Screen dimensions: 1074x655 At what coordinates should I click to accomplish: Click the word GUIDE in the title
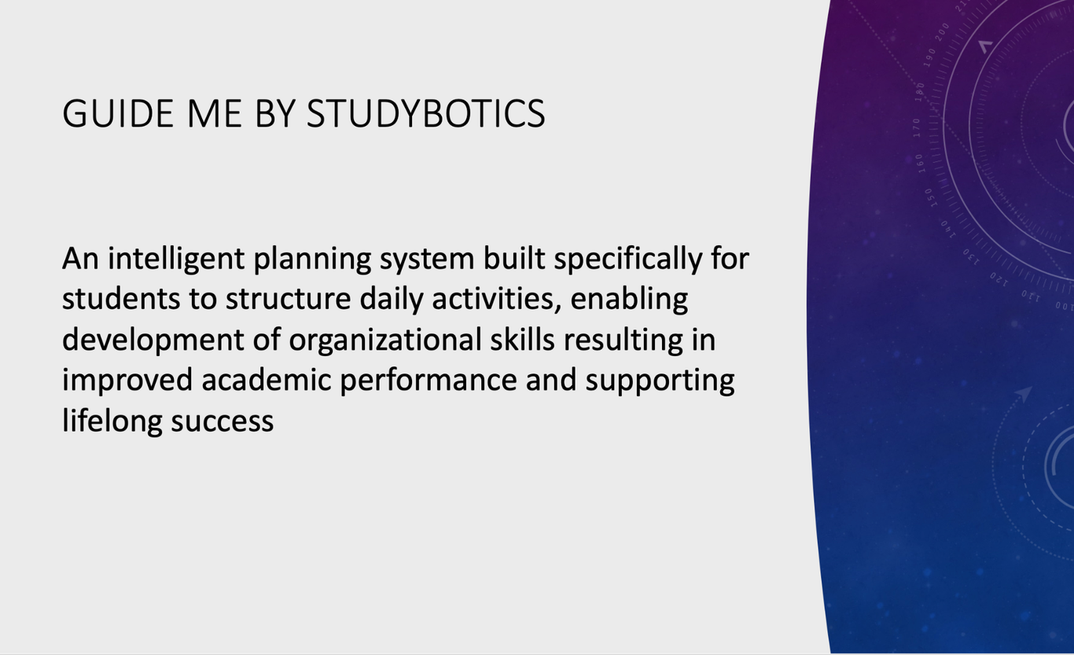pyautogui.click(x=118, y=114)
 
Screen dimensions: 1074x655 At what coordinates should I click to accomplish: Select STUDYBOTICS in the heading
pyautogui.click(x=426, y=114)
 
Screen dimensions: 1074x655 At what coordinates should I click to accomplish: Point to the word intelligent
pyautogui.click(x=176, y=259)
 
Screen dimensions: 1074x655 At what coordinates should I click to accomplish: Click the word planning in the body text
pyautogui.click(x=312, y=259)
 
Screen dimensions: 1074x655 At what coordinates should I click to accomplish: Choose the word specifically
pyautogui.click(x=628, y=259)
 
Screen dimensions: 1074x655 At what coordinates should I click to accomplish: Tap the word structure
pyautogui.click(x=289, y=300)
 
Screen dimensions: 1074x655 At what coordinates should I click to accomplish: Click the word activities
pyautogui.click(x=497, y=300)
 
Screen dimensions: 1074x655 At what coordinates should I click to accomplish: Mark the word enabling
pyautogui.click(x=629, y=300)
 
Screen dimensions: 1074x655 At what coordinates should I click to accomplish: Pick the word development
pyautogui.click(x=153, y=340)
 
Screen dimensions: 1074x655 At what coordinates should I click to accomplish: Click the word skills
pyautogui.click(x=522, y=339)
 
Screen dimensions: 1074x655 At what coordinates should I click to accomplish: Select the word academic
pyautogui.click(x=266, y=380)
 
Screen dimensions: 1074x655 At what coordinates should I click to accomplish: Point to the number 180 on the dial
pyautogui.click(x=919, y=91)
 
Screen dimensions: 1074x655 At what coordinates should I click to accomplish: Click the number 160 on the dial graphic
pyautogui.click(x=918, y=164)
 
